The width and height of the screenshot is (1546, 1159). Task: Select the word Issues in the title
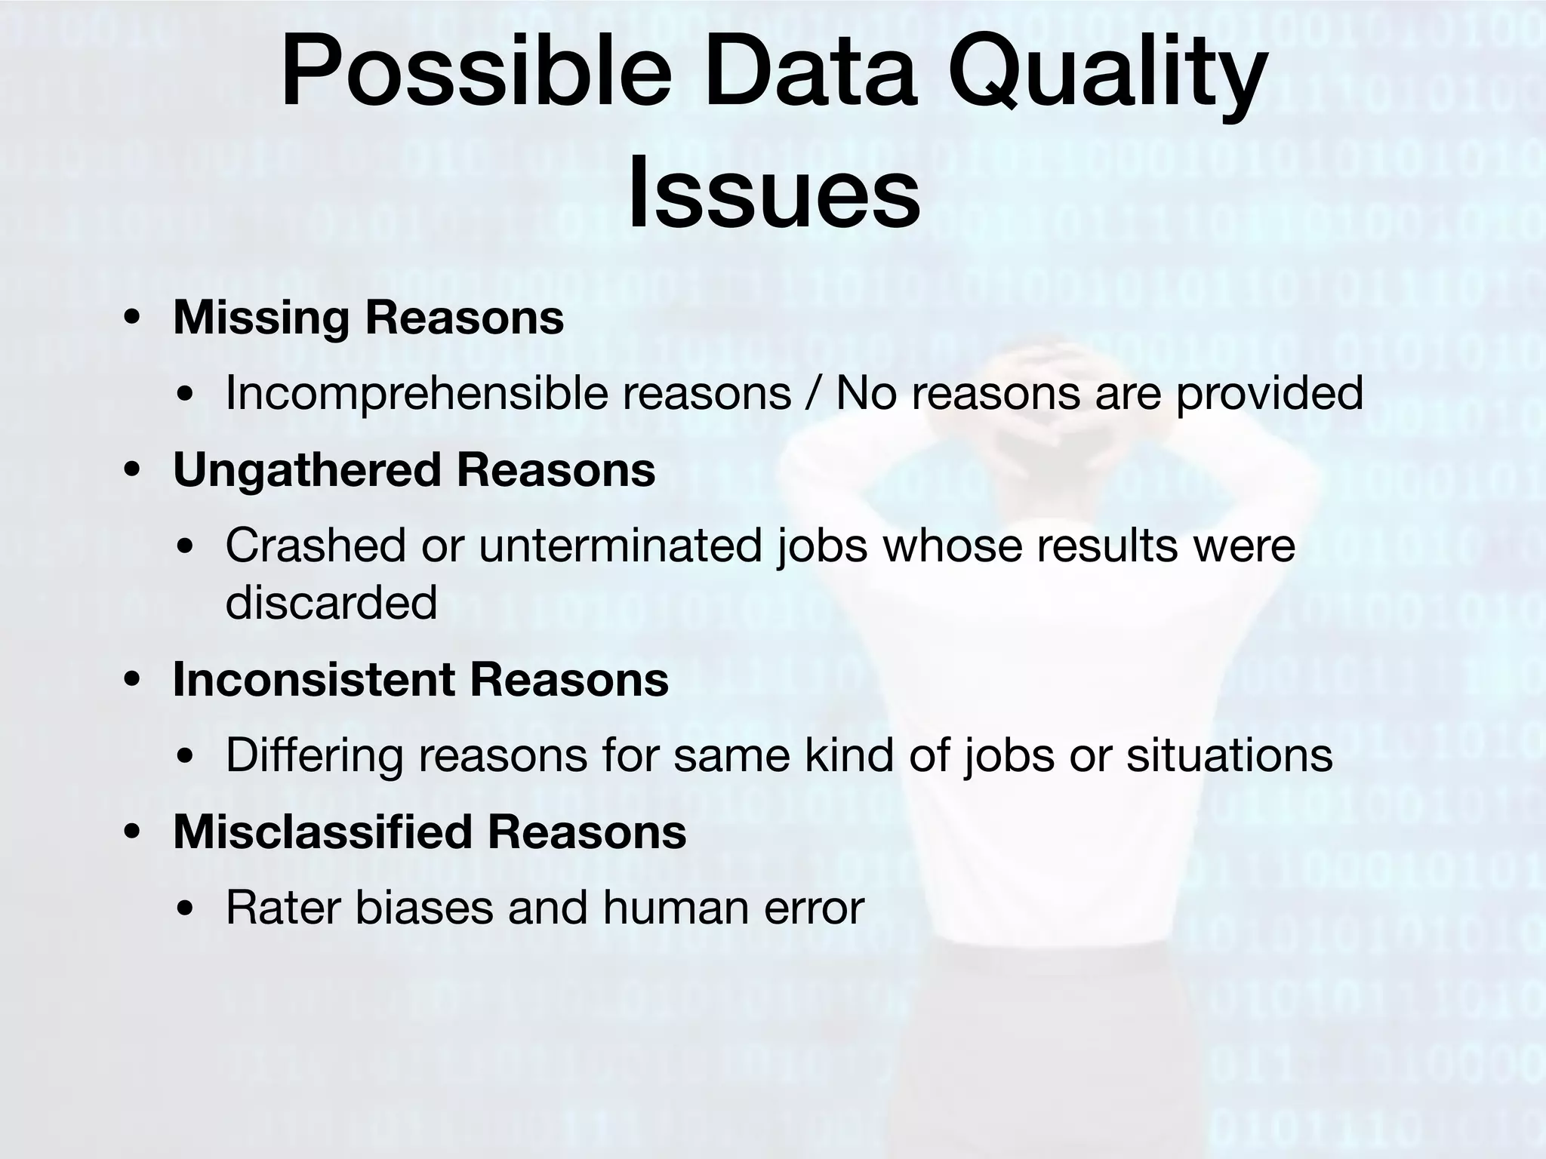tap(773, 192)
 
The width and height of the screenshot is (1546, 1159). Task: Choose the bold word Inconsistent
tap(314, 679)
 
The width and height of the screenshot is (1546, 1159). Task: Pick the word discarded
tap(331, 602)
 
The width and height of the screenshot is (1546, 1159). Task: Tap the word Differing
tap(314, 755)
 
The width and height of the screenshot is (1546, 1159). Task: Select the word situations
tap(1230, 755)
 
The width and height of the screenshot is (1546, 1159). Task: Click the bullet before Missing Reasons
tap(132, 318)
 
